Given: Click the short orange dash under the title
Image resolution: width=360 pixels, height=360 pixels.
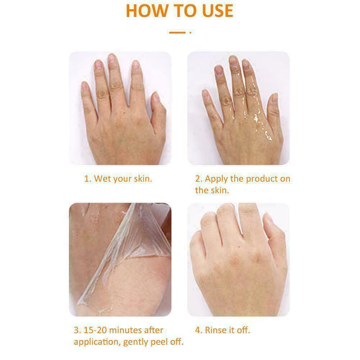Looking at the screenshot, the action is pyautogui.click(x=177, y=33).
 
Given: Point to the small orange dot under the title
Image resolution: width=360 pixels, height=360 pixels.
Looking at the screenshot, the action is pyautogui.click(x=190, y=33).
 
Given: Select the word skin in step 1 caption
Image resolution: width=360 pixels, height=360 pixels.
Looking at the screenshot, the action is pyautogui.click(x=143, y=179).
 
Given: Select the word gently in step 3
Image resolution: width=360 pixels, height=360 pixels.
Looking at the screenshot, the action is pyautogui.click(x=136, y=342).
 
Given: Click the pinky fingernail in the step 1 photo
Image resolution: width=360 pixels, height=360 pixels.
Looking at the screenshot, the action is pyautogui.click(x=85, y=86).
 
